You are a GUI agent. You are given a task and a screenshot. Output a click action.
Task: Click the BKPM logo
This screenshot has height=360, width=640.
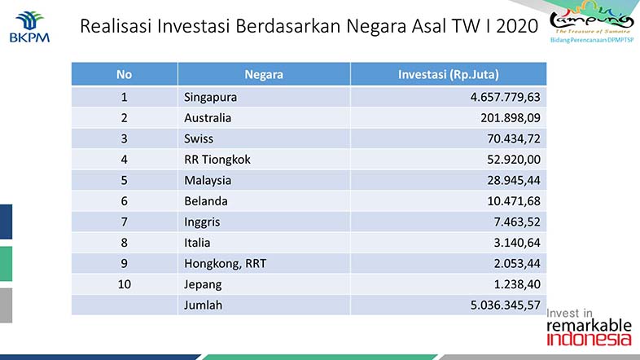click(29, 27)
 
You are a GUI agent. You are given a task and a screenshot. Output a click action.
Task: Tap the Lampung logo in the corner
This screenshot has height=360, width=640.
click(591, 22)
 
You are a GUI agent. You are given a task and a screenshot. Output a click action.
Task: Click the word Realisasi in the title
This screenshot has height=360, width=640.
click(116, 26)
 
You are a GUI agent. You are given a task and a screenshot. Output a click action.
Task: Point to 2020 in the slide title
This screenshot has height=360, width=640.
click(517, 26)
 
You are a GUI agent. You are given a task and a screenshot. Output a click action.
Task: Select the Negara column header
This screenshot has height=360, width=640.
click(264, 74)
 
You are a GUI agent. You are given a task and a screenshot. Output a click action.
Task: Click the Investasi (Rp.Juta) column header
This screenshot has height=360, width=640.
click(448, 74)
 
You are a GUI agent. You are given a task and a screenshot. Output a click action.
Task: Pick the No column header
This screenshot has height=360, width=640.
click(124, 74)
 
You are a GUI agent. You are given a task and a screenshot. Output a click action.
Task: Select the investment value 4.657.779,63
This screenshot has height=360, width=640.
click(506, 97)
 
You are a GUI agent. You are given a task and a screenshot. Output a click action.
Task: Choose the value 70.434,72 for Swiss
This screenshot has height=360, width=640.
click(514, 138)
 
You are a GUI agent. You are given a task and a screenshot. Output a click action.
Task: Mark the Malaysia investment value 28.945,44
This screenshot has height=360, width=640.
click(514, 181)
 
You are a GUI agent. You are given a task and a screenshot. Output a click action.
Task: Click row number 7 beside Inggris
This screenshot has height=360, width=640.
click(124, 222)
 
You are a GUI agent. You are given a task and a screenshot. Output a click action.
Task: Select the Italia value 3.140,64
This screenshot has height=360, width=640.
click(517, 243)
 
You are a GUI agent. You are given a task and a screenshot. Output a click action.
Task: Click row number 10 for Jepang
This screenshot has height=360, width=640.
click(124, 284)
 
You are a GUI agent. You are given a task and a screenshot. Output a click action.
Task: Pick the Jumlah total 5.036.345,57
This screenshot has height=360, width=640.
click(506, 305)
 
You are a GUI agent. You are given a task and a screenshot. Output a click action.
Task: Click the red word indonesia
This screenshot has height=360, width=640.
click(589, 339)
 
